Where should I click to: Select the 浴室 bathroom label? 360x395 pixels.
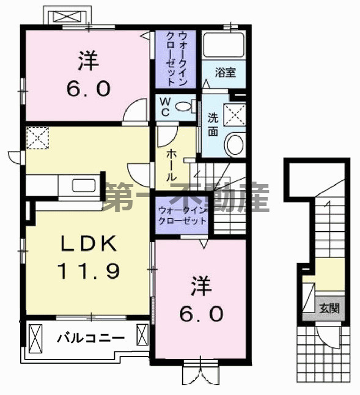224,72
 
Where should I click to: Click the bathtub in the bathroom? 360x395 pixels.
224,46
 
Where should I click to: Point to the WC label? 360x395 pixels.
165,108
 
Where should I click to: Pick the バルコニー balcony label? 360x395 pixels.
91,338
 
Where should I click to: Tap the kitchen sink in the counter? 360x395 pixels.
83,185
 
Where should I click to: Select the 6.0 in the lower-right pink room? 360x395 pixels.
201,314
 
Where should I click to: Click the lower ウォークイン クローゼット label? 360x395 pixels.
183,215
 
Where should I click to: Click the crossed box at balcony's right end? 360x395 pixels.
143,335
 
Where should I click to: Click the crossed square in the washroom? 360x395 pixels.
233,114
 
